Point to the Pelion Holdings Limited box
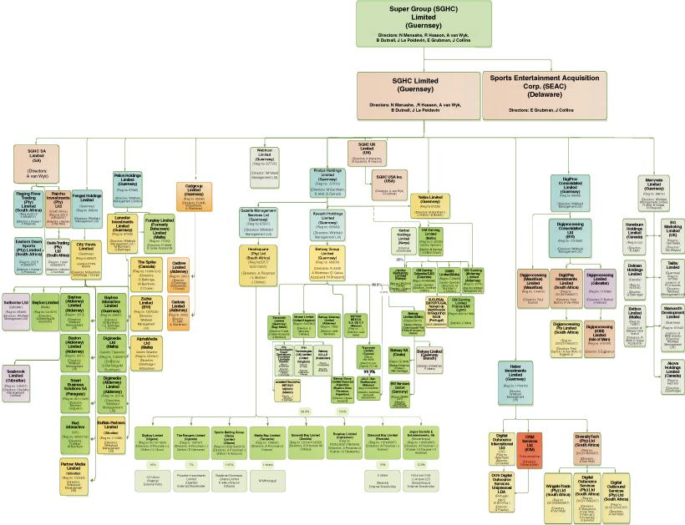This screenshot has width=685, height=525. click(127, 188)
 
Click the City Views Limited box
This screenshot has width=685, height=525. click(86, 256)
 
